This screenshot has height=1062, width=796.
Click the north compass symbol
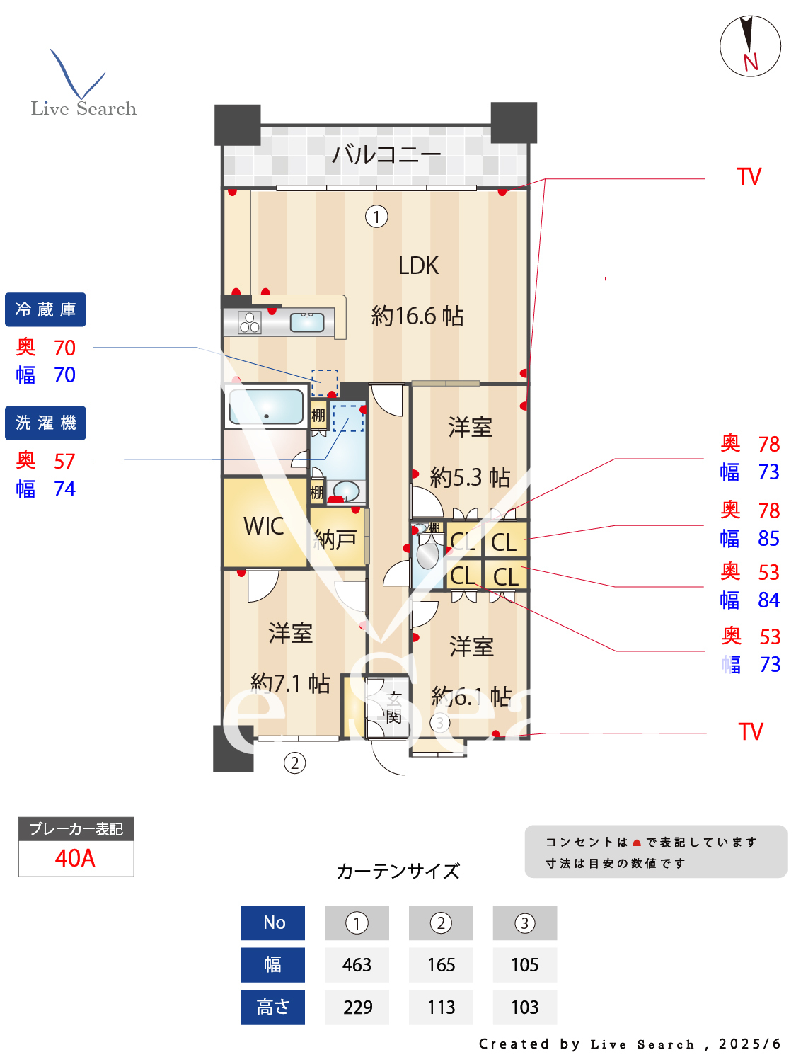[750, 46]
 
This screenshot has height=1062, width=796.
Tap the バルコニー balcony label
[386, 154]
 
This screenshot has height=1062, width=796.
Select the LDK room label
[418, 266]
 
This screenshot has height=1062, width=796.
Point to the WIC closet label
[263, 526]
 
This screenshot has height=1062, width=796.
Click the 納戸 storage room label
[335, 539]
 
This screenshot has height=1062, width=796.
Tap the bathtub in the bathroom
[266, 407]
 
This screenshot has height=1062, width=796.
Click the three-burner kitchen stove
[249, 322]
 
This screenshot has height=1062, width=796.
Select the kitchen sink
[307, 322]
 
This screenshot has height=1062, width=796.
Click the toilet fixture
[427, 553]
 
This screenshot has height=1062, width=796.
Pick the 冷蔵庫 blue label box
[45, 309]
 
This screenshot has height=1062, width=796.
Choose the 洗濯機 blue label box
[45, 423]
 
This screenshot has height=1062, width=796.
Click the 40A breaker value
[75, 858]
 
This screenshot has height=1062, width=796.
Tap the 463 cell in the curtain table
[357, 965]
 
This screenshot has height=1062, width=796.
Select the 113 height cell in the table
[441, 1007]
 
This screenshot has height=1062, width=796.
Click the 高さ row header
[272, 1007]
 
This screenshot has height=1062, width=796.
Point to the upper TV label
[749, 177]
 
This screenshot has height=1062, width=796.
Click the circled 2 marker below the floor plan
[294, 763]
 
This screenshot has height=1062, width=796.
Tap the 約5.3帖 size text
[470, 477]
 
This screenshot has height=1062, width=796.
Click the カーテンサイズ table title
[398, 871]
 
